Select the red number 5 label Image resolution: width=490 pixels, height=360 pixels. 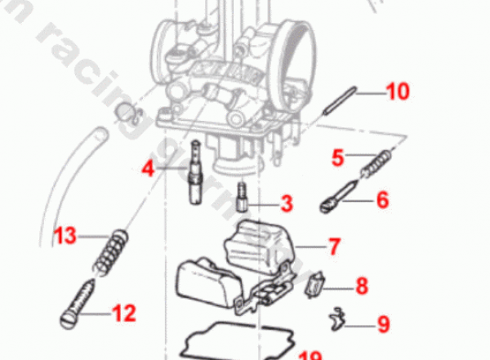338,157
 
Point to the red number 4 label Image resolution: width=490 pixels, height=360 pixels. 148,169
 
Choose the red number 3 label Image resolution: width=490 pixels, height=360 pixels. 286,202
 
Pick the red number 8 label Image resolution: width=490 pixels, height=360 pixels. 361,286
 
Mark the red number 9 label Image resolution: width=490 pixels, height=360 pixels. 382,324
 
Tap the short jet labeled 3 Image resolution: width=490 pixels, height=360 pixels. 242,196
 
